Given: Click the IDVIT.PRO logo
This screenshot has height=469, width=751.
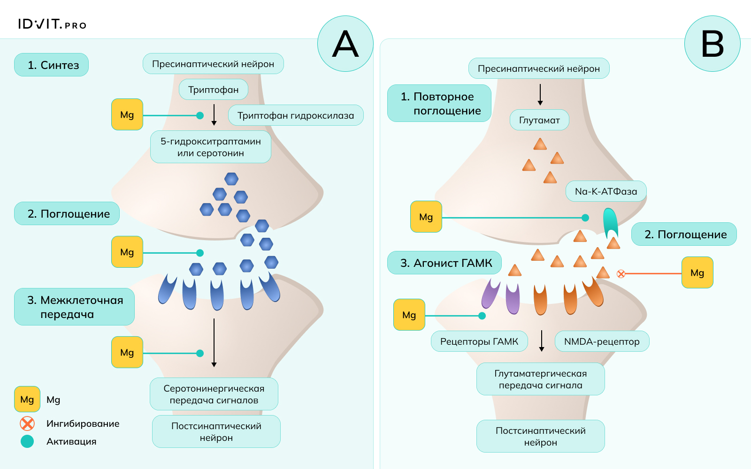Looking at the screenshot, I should point(52,24).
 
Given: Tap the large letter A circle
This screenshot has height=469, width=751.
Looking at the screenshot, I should point(345,44).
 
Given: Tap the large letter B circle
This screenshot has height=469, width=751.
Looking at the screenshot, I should point(712,44).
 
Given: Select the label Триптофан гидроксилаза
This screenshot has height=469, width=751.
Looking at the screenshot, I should point(296,115).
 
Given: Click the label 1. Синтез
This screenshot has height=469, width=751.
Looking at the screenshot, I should point(52,65).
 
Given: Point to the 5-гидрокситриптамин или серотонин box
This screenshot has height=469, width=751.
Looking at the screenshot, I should point(211,147).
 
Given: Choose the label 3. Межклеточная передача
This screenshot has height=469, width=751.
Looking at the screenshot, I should point(75,307).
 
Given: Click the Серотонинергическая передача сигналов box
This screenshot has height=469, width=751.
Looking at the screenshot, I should point(214,394).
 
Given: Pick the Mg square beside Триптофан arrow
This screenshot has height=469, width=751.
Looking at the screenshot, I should point(127,114).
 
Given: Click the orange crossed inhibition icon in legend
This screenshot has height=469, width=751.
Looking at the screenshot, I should point(27,424).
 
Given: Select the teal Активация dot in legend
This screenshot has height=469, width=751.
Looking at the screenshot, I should point(27,441).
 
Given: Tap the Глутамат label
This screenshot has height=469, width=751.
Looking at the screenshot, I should point(539,120).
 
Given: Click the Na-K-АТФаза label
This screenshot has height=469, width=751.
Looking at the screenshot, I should point(606,191).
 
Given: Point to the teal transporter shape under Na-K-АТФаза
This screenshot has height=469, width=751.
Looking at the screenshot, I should point(610,223).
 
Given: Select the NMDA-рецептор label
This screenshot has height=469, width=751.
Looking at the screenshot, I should point(602,341).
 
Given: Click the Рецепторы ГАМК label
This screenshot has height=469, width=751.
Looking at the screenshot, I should point(479,341).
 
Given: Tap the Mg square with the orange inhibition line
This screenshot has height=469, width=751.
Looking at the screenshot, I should point(697,272).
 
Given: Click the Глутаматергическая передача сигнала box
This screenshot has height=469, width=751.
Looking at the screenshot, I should point(541,379).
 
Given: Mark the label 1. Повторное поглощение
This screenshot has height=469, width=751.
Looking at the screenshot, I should point(439,103).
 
